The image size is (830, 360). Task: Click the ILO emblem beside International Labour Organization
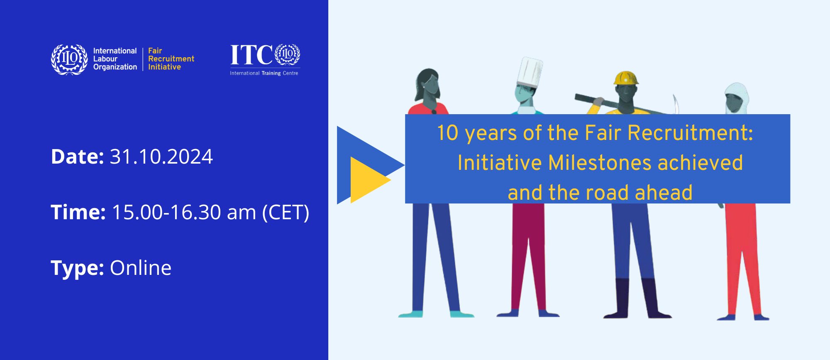69,59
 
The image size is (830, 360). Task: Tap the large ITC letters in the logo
251,55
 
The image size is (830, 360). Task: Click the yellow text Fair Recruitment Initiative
171,59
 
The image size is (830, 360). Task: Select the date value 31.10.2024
161,157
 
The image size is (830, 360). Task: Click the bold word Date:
77,157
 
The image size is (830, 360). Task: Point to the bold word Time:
78,212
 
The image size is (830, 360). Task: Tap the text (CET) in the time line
286,213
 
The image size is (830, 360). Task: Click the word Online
141,268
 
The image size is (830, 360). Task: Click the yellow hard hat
626,78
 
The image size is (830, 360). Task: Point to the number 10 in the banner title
447,133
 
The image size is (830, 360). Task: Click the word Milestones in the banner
600,163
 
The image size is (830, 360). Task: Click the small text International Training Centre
264,73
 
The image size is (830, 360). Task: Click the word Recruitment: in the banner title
690,133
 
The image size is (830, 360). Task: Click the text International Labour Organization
115,59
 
